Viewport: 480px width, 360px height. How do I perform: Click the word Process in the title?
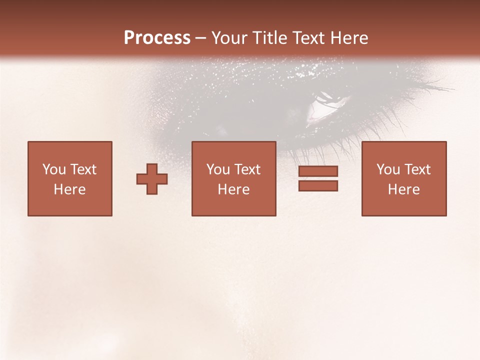157,38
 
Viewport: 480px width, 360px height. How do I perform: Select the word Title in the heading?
270,38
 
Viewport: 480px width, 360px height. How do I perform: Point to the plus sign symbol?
152,179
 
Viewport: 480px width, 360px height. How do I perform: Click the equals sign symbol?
318,178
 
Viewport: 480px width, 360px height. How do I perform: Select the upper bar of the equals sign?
318,171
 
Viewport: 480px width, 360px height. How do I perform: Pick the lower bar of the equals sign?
318,186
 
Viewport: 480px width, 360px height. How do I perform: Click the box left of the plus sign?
70,178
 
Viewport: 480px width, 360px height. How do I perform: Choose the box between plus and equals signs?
233,178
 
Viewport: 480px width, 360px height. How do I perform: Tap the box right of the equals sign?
403,178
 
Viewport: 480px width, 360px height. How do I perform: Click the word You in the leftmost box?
54,169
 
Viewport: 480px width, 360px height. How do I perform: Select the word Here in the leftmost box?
70,189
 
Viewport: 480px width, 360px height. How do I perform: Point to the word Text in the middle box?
247,169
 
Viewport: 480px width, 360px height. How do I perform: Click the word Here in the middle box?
233,189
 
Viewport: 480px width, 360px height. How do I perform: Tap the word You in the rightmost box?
388,169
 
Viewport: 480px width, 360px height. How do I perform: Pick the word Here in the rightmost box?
403,189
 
